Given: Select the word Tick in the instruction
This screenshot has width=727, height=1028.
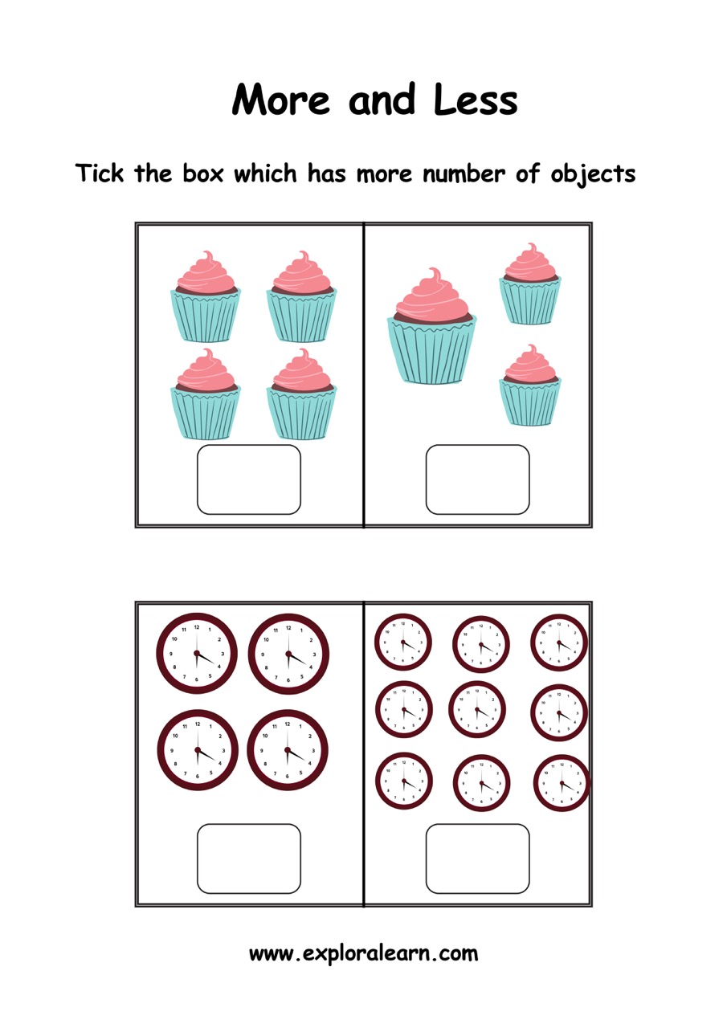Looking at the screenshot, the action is click(x=99, y=173).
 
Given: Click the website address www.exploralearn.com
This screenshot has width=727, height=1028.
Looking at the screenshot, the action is click(x=363, y=953).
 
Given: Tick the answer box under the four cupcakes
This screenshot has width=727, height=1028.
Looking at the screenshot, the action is click(x=249, y=479).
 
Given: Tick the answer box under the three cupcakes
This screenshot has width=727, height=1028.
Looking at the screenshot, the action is click(x=477, y=479).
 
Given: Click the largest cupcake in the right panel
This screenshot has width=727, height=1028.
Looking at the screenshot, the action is click(x=431, y=326).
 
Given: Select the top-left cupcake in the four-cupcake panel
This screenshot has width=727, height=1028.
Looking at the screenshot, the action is click(x=206, y=296).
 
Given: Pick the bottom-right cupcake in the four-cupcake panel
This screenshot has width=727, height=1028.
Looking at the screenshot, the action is click(x=301, y=394).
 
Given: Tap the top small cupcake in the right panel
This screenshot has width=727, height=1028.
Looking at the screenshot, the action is click(x=530, y=284).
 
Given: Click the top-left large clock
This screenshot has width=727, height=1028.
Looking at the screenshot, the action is click(x=197, y=653).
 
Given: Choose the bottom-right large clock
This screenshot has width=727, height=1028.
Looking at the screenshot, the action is click(x=288, y=750).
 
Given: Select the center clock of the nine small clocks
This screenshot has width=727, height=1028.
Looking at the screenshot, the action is click(x=477, y=709).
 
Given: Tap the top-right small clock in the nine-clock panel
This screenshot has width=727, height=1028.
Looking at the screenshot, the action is click(x=559, y=642).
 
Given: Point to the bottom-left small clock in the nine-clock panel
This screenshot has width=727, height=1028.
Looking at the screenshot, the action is click(x=404, y=781).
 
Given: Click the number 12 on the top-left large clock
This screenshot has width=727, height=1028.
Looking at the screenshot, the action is click(x=197, y=627).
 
